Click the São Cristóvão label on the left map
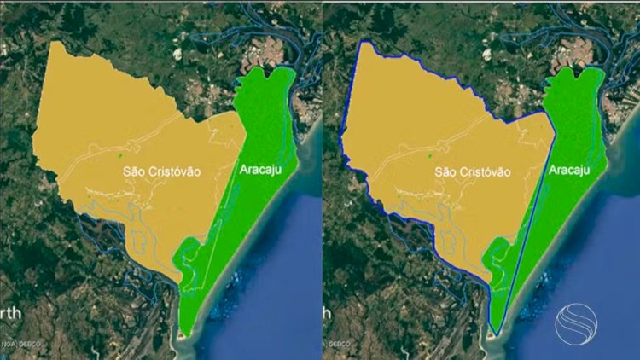(162, 171)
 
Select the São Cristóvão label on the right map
(473, 171)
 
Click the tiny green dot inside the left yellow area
(120, 155)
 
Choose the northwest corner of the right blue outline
(364, 43)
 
